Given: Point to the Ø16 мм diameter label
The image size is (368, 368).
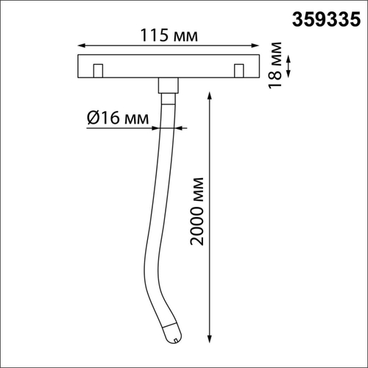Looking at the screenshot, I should [118, 117].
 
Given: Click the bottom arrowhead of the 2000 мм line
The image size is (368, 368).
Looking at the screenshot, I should [213, 341].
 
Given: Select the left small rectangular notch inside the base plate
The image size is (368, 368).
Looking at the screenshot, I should [96, 71].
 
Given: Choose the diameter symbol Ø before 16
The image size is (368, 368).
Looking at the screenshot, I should [93, 117].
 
